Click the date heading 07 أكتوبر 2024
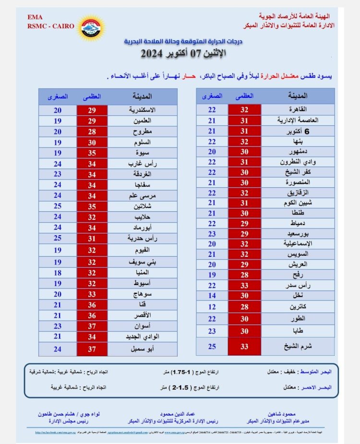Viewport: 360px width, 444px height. [x=180, y=54]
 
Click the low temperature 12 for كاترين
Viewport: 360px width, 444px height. [x=211, y=306]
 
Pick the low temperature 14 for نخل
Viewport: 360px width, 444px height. [x=211, y=295]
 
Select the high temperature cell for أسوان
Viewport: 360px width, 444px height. [x=92, y=325]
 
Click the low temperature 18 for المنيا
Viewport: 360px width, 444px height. [x=57, y=273]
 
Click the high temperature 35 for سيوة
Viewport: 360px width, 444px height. [x=92, y=153]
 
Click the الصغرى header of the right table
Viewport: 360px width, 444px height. [x=212, y=96]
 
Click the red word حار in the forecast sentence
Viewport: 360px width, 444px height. [x=191, y=77]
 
